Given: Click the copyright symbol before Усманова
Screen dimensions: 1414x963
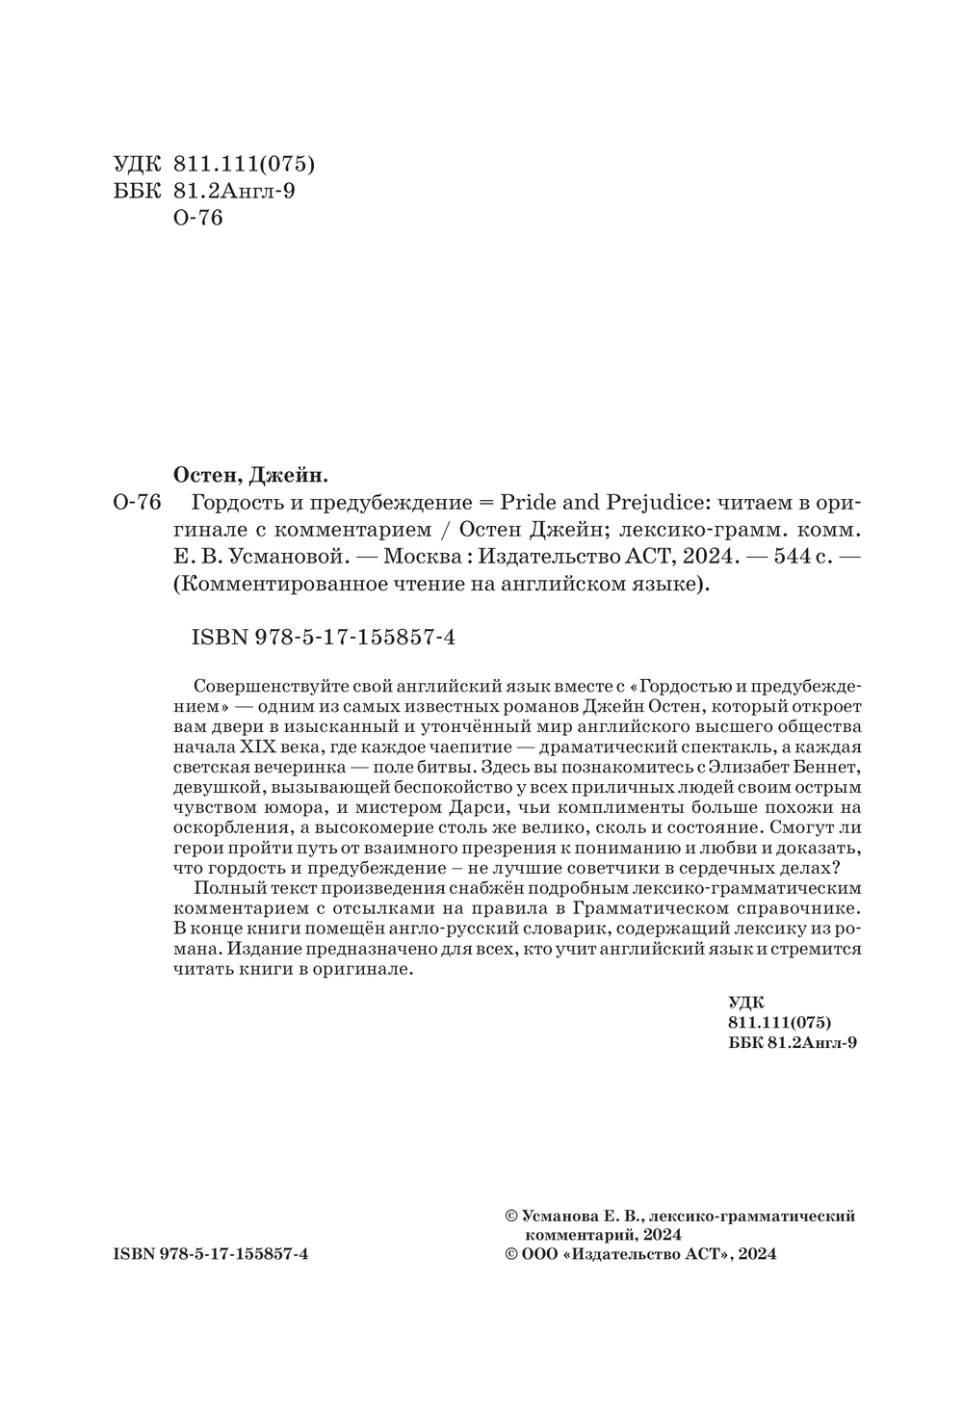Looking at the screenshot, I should coord(510,1217).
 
